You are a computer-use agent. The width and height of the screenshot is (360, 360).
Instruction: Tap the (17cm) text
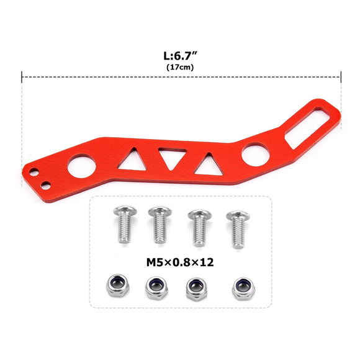pyautogui.click(x=181, y=66)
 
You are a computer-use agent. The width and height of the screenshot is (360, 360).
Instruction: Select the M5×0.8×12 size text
pyautogui.click(x=180, y=262)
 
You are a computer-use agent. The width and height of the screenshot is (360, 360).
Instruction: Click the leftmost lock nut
pyautogui.click(x=116, y=285)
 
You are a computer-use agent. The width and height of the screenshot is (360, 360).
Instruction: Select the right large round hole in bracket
pyautogui.click(x=254, y=155)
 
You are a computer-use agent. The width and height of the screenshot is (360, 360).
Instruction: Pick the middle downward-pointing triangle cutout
pyautogui.click(x=169, y=157)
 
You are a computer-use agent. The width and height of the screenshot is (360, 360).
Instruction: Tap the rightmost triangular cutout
pyautogui.click(x=207, y=164)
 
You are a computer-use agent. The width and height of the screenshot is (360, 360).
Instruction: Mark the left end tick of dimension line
pyautogui.click(x=22, y=78)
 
